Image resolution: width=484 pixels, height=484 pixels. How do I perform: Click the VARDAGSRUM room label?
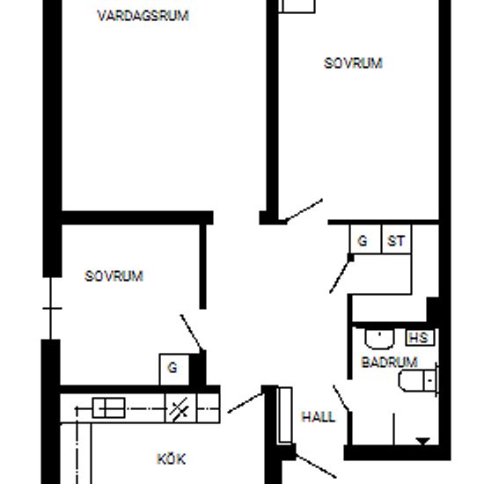(143, 16)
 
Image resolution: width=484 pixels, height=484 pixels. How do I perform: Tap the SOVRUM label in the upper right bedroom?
(353, 63)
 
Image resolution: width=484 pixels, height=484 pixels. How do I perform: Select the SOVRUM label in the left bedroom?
(114, 276)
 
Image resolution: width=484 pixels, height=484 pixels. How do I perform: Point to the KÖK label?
(172, 459)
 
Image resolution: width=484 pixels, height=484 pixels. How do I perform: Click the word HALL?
(319, 417)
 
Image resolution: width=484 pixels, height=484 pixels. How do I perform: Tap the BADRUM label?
(389, 362)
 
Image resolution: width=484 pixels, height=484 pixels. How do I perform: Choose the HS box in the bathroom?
(420, 337)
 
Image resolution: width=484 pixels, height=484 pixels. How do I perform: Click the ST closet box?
(396, 239)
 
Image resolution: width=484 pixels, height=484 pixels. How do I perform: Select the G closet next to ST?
(365, 239)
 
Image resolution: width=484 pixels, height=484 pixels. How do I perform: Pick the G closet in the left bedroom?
(173, 370)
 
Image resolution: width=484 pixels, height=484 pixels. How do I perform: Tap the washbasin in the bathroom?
(379, 339)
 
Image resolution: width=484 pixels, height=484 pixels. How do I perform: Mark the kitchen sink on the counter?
(108, 407)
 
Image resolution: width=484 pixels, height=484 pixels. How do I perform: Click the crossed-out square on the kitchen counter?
(180, 407)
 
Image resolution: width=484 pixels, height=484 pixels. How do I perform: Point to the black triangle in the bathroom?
(423, 441)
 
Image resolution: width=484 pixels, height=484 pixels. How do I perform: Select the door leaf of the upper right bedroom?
(304, 210)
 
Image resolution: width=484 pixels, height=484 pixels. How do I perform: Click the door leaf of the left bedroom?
(192, 333)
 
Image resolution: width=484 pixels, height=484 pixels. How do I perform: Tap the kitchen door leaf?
(246, 403)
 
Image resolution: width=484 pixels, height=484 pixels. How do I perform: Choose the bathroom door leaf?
(341, 398)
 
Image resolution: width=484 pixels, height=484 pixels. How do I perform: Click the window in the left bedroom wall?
(51, 308)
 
